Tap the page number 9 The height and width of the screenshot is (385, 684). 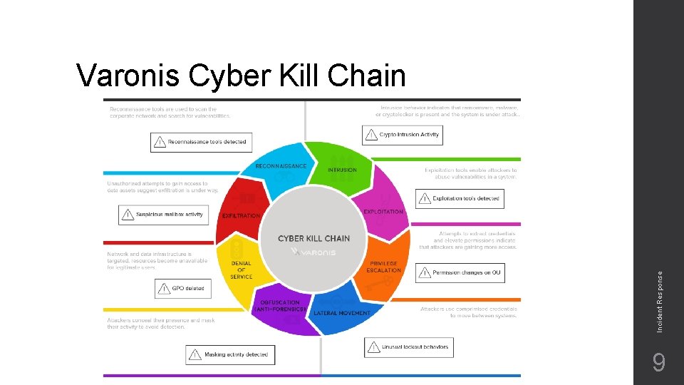point(659,364)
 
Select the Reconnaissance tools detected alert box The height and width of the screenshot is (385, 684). point(202,142)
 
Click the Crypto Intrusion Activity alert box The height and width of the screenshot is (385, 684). point(403,135)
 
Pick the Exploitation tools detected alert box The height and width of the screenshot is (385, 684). point(460,198)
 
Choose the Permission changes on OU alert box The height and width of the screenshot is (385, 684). point(460,273)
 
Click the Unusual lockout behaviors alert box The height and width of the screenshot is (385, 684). point(409,347)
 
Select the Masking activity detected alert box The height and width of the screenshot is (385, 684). point(230,354)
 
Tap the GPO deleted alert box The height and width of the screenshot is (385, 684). point(183,289)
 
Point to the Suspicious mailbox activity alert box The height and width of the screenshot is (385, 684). point(163,215)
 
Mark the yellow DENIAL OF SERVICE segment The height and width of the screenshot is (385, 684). point(239,267)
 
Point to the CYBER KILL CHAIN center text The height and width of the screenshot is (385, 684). point(313,238)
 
